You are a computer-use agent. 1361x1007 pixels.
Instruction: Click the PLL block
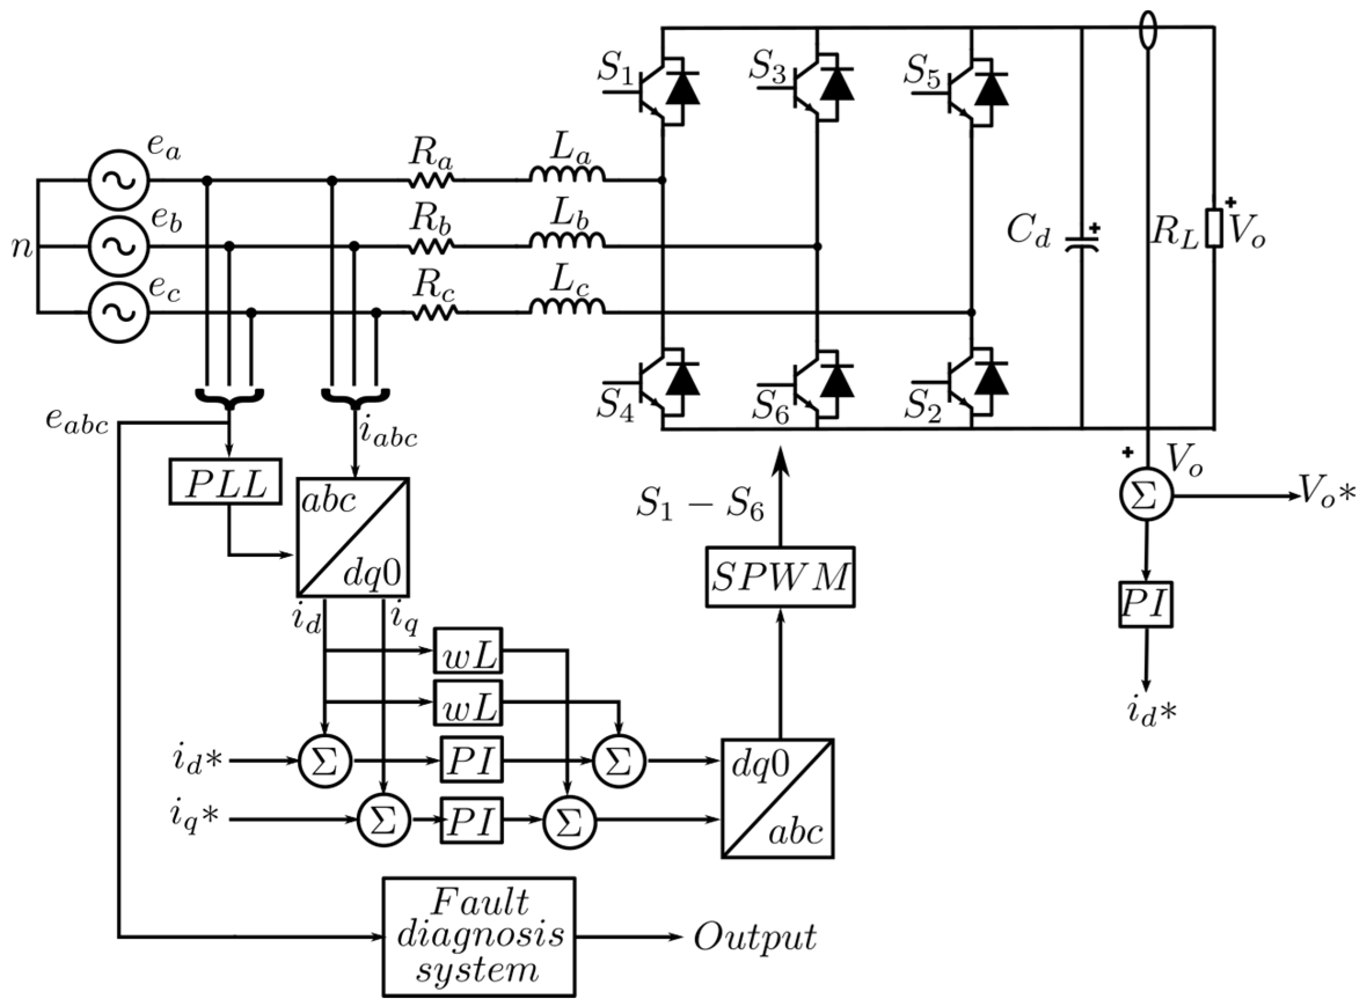(x=225, y=482)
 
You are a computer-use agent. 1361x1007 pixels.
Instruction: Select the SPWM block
(x=780, y=576)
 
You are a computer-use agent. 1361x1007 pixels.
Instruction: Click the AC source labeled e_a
(x=119, y=181)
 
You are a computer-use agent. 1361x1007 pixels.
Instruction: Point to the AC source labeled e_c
(x=119, y=312)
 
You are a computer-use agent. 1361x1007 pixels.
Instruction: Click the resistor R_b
(x=432, y=247)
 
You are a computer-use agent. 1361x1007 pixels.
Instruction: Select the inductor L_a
(x=568, y=175)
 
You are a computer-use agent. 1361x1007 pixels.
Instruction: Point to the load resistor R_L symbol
(x=1213, y=228)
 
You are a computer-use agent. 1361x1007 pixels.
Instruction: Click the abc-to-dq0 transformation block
(x=353, y=536)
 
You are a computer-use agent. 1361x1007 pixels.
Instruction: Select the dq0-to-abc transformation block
(x=778, y=799)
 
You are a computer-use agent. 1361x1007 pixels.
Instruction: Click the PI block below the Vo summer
(x=1146, y=604)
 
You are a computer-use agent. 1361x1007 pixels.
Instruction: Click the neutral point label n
(x=23, y=248)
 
